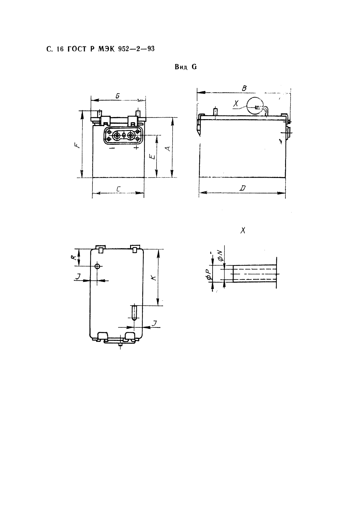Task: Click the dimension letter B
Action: pyautogui.click(x=244, y=88)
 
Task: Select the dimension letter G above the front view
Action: pyautogui.click(x=117, y=96)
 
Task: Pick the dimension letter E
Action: pyautogui.click(x=153, y=157)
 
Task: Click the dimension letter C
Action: pyautogui.click(x=118, y=189)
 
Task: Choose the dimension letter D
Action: pyautogui.click(x=243, y=188)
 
